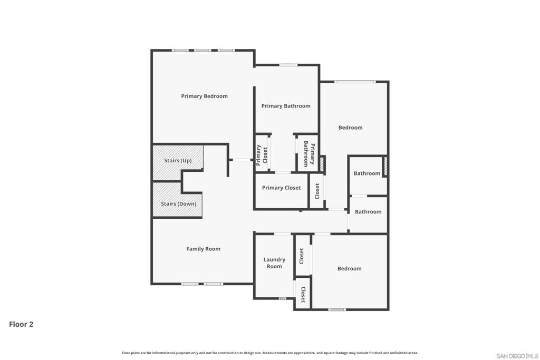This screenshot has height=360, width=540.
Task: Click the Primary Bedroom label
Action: coord(204,96)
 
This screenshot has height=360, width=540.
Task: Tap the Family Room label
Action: coord(203,249)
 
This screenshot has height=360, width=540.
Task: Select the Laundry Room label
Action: coord(274,263)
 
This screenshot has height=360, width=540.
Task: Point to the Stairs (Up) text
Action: coord(178,161)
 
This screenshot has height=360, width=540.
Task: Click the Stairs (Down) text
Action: coord(178,204)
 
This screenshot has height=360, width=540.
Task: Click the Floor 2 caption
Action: coord(21,324)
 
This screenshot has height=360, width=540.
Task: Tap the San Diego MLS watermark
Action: coord(517,356)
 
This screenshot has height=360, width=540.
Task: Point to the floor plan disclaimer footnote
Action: coord(269,353)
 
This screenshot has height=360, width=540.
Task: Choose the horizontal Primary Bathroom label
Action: coord(286,106)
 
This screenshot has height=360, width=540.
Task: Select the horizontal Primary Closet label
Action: coord(282,188)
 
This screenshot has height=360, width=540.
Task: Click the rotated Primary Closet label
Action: coord(262,155)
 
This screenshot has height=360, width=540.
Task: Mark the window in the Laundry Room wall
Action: coord(283,298)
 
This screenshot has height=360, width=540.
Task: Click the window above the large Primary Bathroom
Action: coord(288,65)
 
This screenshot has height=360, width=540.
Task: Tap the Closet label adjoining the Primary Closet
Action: coord(317,191)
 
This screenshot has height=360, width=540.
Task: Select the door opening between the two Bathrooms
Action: coord(359,196)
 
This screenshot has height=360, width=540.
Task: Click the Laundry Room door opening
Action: coord(283,235)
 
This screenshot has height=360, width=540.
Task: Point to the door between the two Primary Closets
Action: coord(283,172)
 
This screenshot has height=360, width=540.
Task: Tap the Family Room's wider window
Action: coord(213,284)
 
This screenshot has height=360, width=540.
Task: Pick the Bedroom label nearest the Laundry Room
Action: coord(350,269)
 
